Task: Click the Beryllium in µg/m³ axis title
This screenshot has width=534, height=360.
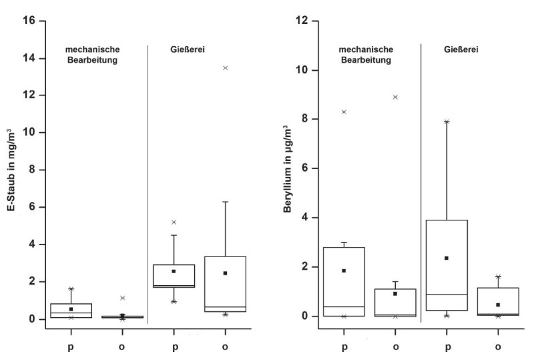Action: click(288, 168)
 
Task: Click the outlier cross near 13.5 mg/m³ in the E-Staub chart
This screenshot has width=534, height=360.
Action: click(225, 67)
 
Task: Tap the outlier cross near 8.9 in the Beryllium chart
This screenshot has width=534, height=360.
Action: click(395, 97)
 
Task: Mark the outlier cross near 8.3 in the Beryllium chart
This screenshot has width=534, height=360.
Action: click(344, 112)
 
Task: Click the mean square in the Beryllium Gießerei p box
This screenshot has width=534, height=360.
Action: click(447, 258)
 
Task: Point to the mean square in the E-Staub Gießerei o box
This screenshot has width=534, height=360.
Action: click(225, 273)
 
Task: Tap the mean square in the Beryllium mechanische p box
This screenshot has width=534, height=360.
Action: click(344, 271)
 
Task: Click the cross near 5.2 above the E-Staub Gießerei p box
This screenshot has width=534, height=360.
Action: click(174, 222)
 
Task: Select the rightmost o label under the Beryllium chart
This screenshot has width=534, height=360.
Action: click(498, 347)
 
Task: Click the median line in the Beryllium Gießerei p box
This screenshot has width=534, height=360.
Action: click(447, 294)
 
